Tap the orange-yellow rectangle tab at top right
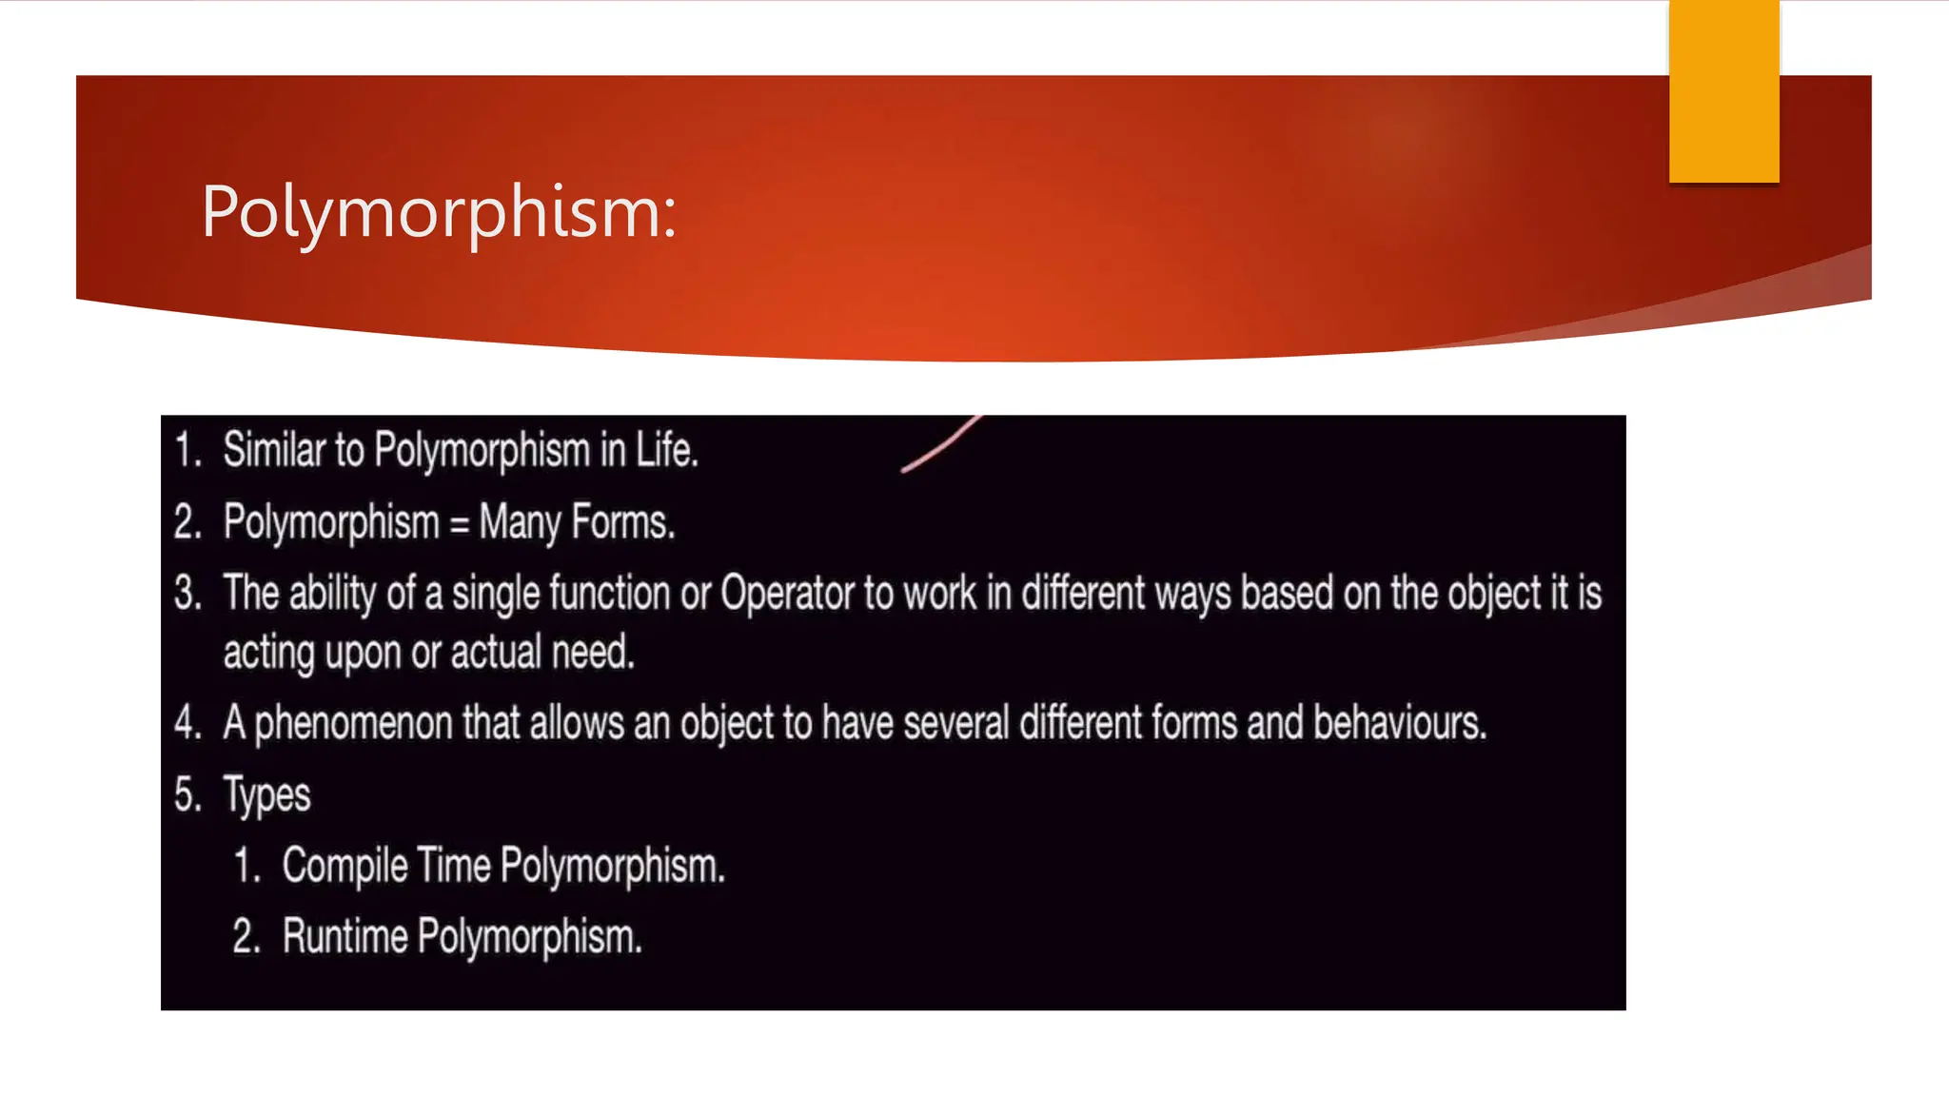1723,91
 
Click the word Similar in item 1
274,450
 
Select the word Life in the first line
665,450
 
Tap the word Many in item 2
520,523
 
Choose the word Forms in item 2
623,523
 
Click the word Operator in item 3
788,594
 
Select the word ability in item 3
332,595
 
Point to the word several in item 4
955,723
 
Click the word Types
266,795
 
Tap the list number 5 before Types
186,794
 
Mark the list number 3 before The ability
186,594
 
